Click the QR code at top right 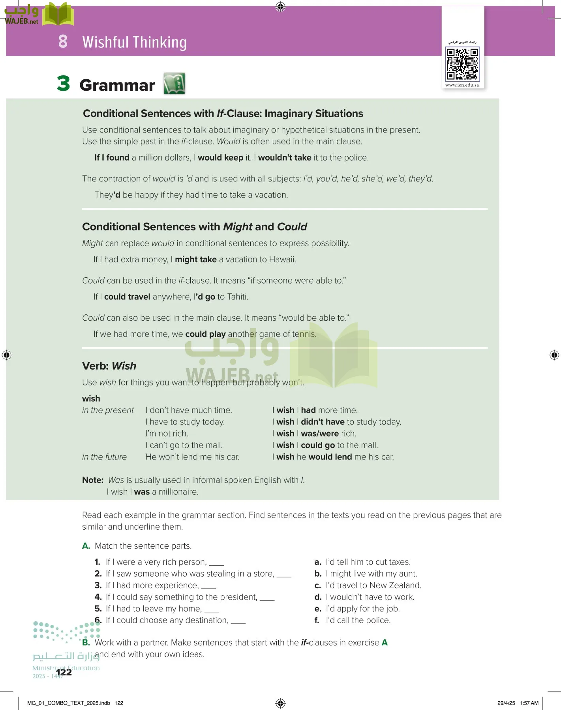pyautogui.click(x=462, y=64)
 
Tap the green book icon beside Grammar pyautogui.click(x=174, y=83)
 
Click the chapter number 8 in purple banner pyautogui.click(x=63, y=41)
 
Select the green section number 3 pyautogui.click(x=63, y=84)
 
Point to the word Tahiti pyautogui.click(x=237, y=297)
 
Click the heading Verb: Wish pyautogui.click(x=109, y=366)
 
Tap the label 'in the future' pyautogui.click(x=104, y=457)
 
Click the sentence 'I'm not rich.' pyautogui.click(x=166, y=433)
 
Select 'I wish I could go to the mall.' pyautogui.click(x=325, y=445)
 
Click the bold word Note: pyautogui.click(x=93, y=480)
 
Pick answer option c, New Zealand pyautogui.click(x=368, y=585)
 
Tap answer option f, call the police pyautogui.click(x=353, y=620)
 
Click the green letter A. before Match pyautogui.click(x=86, y=546)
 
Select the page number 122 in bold pyautogui.click(x=64, y=672)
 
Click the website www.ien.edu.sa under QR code pyautogui.click(x=462, y=85)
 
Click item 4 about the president pyautogui.click(x=182, y=597)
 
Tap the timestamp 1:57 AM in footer pyautogui.click(x=529, y=703)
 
